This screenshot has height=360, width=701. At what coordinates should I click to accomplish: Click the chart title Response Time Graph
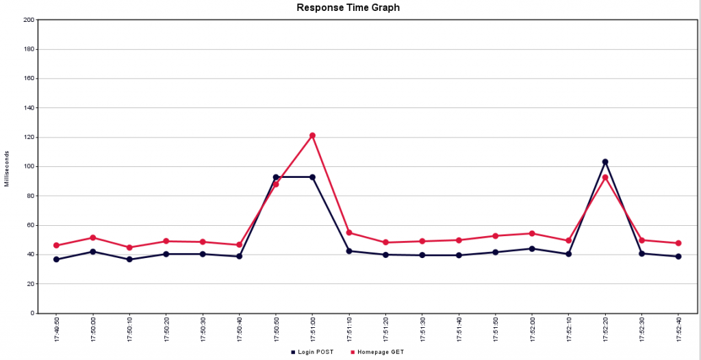pos(348,8)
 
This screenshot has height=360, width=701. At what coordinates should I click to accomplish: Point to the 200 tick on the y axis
pos(29,20)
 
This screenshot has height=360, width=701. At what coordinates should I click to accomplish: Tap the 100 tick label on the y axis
pos(29,166)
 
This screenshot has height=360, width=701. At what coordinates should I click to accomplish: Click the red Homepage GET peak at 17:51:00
pos(312,136)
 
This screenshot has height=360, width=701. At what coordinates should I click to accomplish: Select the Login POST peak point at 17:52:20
pos(605,162)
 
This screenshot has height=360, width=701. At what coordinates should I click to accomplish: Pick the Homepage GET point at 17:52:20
pos(605,178)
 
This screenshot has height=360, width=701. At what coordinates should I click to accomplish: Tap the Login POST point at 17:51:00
pos(312,177)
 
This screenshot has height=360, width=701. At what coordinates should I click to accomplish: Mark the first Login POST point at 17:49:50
pos(56,259)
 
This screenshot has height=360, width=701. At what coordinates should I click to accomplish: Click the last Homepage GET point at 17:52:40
pos(678,243)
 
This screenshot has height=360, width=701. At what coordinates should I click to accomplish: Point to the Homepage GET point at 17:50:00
pos(92,237)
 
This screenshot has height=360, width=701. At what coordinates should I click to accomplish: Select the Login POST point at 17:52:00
pos(532,248)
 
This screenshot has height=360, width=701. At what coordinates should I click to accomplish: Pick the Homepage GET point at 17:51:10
pos(349,233)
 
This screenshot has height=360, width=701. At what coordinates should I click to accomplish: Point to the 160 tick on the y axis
pos(29,79)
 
